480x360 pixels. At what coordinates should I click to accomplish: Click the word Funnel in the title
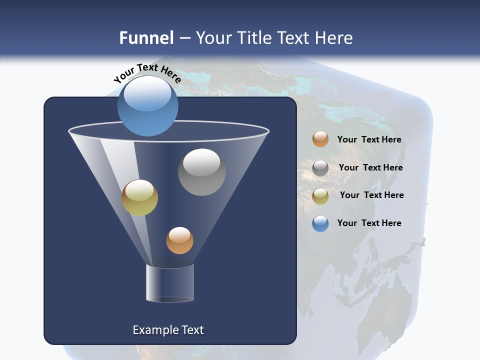click(x=146, y=38)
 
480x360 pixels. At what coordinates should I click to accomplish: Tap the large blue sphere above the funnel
click(x=148, y=106)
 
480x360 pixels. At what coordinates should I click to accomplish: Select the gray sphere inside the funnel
click(x=202, y=172)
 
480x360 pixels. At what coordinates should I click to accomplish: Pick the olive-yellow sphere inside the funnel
click(x=140, y=197)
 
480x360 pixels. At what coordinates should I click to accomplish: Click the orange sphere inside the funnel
click(x=179, y=240)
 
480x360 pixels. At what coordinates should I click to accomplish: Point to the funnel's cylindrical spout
click(x=170, y=283)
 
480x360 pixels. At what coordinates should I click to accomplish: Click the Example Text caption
click(x=168, y=330)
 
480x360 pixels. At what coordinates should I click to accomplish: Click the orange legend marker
click(x=320, y=139)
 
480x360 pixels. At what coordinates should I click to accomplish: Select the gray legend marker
click(x=320, y=168)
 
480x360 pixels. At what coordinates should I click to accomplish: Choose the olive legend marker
click(x=320, y=196)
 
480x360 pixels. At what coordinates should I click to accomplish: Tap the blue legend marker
click(x=320, y=223)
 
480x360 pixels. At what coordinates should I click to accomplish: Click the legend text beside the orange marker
click(x=369, y=139)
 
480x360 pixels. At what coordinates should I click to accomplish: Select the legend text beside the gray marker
click(x=370, y=167)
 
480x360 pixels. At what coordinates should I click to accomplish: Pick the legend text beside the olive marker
click(x=371, y=195)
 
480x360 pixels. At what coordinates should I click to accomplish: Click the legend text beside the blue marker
click(x=369, y=223)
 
